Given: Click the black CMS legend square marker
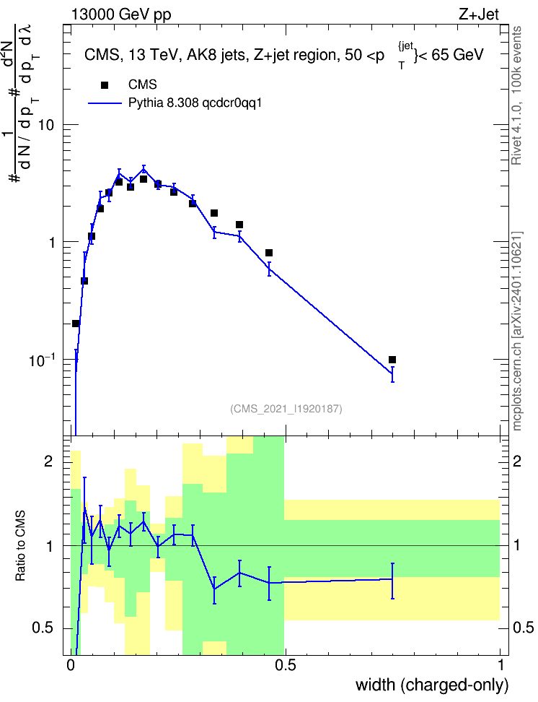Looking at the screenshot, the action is [x=105, y=84].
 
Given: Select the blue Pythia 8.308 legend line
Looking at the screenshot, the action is [x=105, y=103].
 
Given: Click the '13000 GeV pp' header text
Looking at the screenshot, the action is [x=121, y=14].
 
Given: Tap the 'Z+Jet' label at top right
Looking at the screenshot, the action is [x=479, y=14].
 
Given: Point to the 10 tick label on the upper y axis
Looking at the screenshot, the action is [x=46, y=125].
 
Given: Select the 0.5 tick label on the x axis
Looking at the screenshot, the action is [x=286, y=665].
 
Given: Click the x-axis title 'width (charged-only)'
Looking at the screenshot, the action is [x=432, y=685].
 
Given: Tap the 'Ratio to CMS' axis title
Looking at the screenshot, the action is [x=20, y=546].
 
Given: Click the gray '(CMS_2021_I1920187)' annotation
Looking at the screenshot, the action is [x=286, y=409].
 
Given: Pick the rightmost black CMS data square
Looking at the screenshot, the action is [x=392, y=360].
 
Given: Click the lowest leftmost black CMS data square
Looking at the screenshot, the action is [x=76, y=324].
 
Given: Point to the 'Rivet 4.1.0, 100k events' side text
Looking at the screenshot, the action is [x=516, y=95].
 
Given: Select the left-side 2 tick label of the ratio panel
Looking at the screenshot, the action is [x=48, y=461].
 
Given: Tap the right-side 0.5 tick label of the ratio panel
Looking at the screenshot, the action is [x=523, y=628].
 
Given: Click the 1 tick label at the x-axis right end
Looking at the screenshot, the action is [x=500, y=665].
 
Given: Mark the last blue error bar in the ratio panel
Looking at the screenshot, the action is [x=392, y=581].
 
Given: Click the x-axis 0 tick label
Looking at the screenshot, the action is [x=70, y=665].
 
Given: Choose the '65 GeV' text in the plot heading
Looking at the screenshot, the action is [x=457, y=55].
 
